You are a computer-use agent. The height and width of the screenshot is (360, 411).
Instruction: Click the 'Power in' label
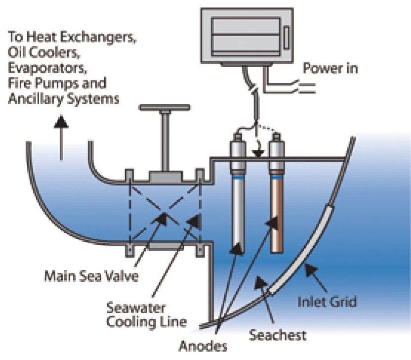point(329,68)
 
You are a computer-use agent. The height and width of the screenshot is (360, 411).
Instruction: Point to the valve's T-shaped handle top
point(164,107)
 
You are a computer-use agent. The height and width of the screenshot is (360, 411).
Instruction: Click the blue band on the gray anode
point(239,176)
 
